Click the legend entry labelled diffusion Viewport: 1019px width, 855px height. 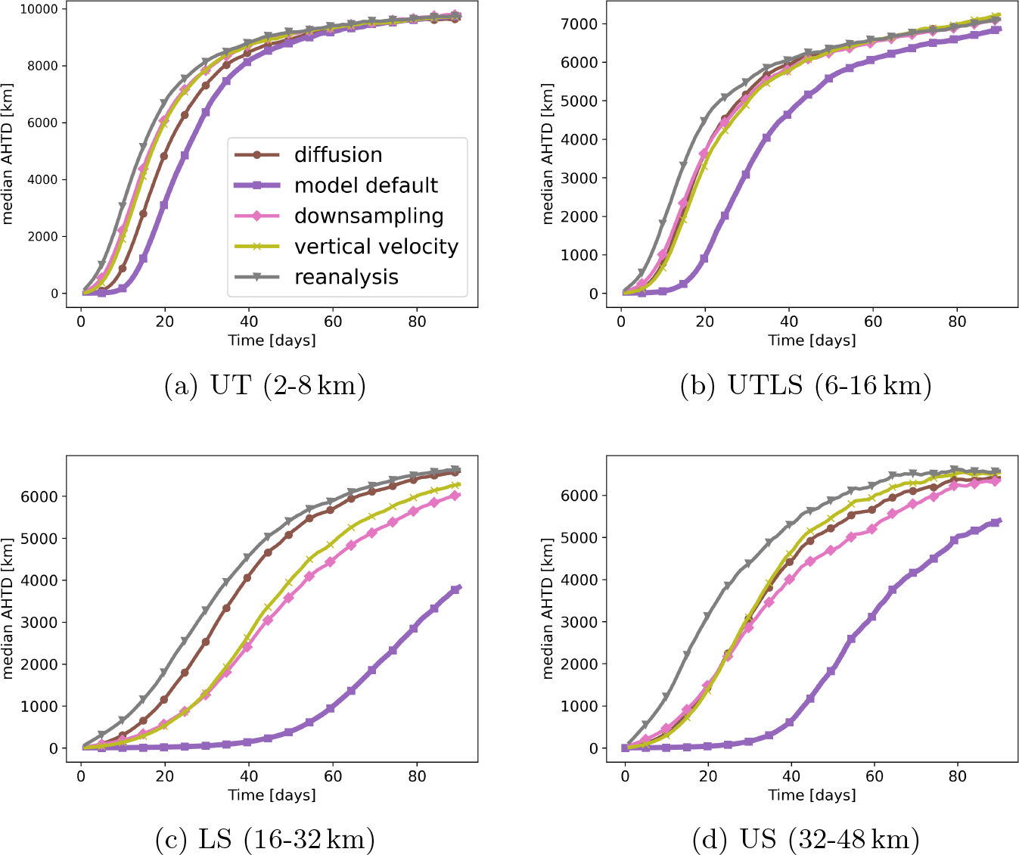point(337,155)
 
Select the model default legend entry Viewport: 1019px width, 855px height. point(365,185)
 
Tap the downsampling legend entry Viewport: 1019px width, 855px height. point(368,216)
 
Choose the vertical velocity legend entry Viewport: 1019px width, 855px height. point(376,247)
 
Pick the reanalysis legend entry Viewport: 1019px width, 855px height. point(346,278)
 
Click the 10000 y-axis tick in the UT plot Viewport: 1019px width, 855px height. point(39,9)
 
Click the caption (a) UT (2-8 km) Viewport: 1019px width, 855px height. point(266,386)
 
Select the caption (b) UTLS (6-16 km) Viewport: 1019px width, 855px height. point(806,386)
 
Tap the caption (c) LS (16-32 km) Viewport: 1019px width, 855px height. point(265,839)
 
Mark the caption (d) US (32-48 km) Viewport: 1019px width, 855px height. point(806,839)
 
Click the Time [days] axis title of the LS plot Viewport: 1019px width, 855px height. point(272,795)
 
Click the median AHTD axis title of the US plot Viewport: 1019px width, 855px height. point(548,608)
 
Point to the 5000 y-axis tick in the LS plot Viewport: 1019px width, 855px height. point(44,539)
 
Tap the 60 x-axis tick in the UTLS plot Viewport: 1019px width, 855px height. point(873,321)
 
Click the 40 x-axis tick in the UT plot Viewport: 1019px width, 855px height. point(249,321)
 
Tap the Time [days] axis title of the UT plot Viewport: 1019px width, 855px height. point(272,340)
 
